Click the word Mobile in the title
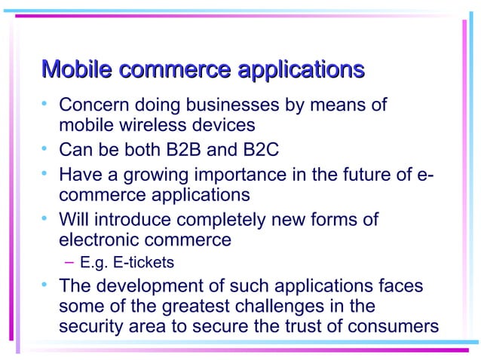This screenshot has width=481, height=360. tap(78, 71)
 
